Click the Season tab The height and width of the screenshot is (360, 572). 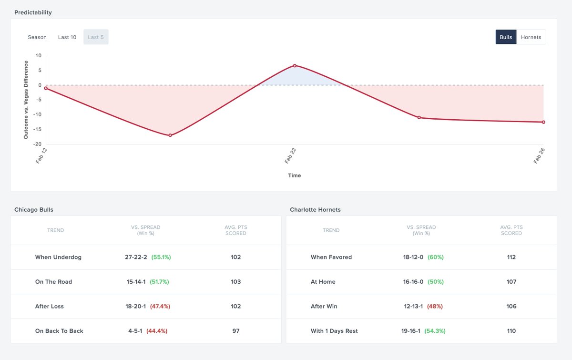(37, 37)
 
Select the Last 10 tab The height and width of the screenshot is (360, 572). (67, 37)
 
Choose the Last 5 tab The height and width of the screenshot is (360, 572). (96, 37)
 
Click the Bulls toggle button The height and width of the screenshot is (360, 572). (506, 37)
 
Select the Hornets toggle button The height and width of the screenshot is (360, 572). (531, 37)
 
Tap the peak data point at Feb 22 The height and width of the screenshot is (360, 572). (295, 65)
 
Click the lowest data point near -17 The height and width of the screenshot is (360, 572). (170, 135)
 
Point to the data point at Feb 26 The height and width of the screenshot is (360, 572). (543, 122)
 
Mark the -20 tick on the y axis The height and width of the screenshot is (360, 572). (37, 144)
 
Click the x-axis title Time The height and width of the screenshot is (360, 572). (295, 175)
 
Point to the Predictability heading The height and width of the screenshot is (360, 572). (33, 12)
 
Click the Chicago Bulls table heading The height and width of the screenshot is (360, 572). (34, 209)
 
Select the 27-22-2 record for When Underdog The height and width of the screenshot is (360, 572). (136, 257)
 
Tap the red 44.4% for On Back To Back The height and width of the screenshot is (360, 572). (157, 331)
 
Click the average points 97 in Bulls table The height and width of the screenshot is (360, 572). (235, 331)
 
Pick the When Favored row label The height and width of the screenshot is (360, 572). (331, 257)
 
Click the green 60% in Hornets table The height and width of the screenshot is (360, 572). (435, 257)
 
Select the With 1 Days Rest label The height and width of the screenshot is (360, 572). (334, 331)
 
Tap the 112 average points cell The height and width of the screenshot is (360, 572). (511, 257)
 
